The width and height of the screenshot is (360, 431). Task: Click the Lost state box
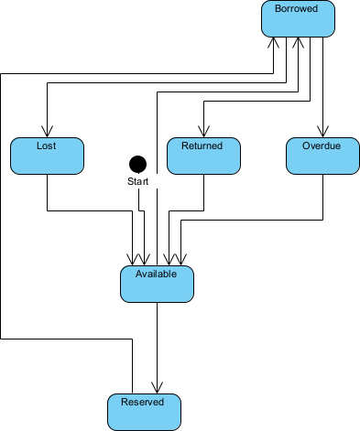tap(47, 156)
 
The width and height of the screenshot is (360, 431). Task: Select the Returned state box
tap(203, 156)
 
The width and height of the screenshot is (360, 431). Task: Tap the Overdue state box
tap(322, 156)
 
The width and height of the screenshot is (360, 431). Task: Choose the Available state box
tap(158, 284)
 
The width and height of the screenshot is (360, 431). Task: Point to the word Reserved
tap(143, 402)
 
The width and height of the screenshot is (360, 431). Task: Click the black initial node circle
tap(137, 164)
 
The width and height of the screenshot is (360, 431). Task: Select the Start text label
tap(137, 182)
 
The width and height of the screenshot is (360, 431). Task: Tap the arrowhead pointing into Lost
tap(47, 132)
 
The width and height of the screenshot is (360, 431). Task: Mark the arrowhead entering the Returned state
tap(203, 132)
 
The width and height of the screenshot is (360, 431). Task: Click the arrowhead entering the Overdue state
tap(322, 132)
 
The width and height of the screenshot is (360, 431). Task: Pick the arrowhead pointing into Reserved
tap(158, 388)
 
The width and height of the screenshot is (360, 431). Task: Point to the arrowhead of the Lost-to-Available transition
tap(134, 260)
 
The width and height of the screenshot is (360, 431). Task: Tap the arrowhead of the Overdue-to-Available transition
tap(180, 260)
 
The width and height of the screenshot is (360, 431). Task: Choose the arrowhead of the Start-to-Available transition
tap(147, 260)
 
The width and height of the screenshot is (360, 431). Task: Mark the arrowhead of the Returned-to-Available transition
tap(169, 260)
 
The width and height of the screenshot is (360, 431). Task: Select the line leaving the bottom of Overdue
tap(322, 197)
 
